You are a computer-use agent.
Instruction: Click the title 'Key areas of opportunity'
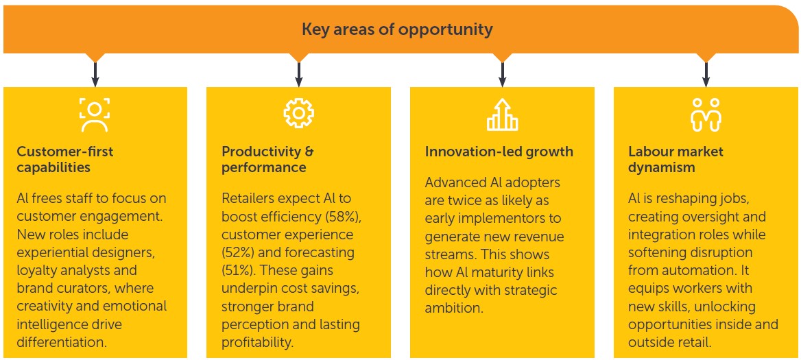397,29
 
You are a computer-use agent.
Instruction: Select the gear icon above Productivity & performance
298,114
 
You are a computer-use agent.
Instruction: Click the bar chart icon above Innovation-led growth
502,115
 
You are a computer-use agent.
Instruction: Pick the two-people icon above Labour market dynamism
706,115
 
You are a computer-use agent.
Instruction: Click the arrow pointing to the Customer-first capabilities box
95,74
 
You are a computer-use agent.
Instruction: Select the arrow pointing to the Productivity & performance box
299,74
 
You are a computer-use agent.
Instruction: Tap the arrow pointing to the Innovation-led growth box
502,74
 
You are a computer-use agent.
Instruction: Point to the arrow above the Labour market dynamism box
706,74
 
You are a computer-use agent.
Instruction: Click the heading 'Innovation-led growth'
499,152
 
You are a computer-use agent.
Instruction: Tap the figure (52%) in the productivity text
239,253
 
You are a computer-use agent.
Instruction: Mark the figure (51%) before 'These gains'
239,271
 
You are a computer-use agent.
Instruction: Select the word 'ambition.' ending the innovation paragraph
454,308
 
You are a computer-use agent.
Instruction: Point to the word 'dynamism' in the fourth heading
662,167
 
